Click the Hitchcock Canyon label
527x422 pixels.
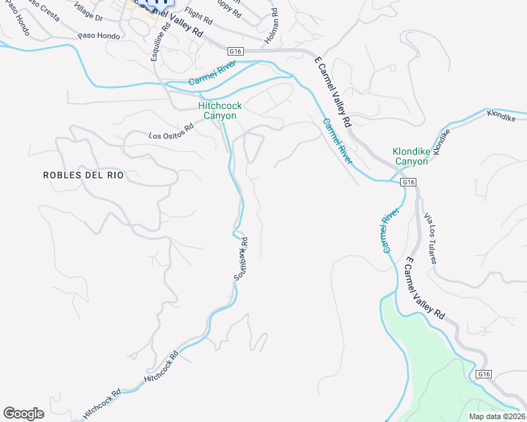220,110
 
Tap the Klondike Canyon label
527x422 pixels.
410,156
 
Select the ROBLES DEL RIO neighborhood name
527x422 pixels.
83,175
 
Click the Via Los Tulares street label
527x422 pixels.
430,241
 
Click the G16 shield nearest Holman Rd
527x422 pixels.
236,51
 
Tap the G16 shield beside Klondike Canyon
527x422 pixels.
408,182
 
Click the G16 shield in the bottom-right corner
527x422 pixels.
483,374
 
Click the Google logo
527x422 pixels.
23,414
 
